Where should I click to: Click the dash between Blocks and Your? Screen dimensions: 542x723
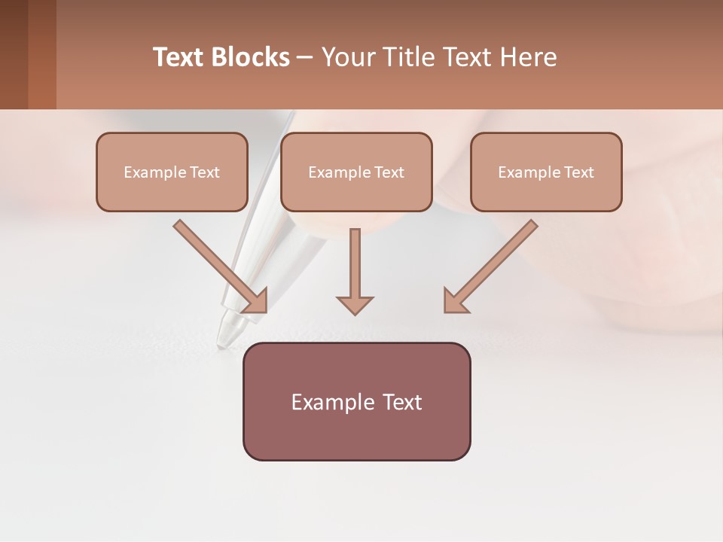point(305,57)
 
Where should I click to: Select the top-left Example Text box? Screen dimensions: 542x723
point(172,172)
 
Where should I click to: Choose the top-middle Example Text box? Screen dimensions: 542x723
point(356,172)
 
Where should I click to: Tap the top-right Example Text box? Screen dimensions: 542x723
point(546,172)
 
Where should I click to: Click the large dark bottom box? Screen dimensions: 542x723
point(356,401)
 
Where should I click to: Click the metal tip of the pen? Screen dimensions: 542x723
point(226,331)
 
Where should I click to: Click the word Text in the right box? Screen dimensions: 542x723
point(579,172)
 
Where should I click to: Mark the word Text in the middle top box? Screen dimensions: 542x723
point(389,172)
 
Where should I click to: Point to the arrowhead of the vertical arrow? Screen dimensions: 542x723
point(355,304)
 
